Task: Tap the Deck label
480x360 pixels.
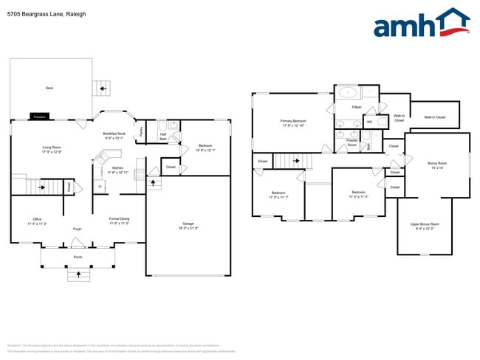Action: (49, 88)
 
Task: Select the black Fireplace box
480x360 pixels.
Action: (40, 117)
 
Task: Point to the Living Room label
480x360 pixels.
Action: (51, 150)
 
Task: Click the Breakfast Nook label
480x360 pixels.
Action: (114, 135)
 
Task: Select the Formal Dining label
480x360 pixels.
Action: (119, 221)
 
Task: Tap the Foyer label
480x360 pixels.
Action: (77, 229)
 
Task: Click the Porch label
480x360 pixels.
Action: (78, 257)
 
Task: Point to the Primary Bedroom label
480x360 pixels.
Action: (292, 122)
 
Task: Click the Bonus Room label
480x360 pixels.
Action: (437, 165)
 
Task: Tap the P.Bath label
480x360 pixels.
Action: (357, 108)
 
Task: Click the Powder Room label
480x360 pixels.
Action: (352, 142)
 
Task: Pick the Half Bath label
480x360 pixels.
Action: (162, 136)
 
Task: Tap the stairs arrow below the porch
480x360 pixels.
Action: (78, 275)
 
